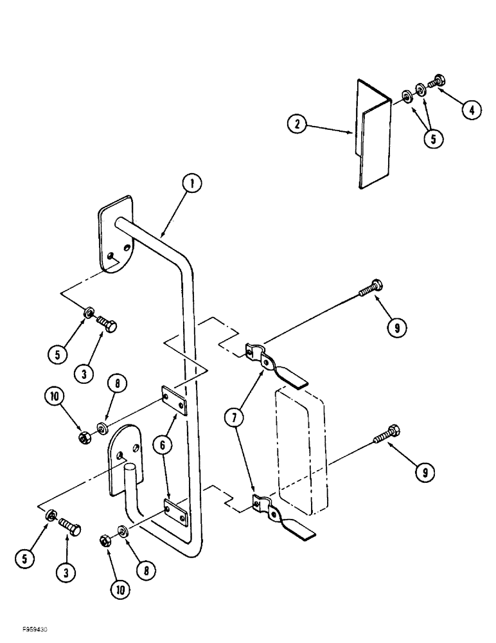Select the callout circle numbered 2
coord(297,124)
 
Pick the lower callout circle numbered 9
coord(423,474)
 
